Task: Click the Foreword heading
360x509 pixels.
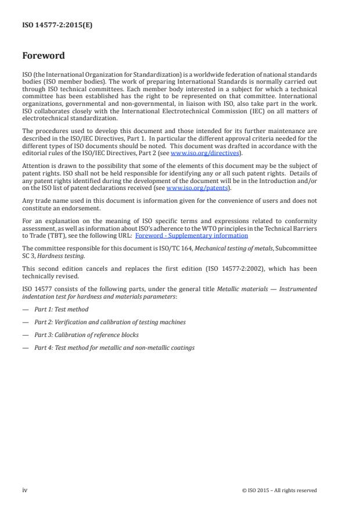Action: [x=44, y=56]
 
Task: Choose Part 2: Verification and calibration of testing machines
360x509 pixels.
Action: [x=110, y=321]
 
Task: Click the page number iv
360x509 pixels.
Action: [x=25, y=490]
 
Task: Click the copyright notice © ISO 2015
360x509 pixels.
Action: [x=279, y=490]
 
